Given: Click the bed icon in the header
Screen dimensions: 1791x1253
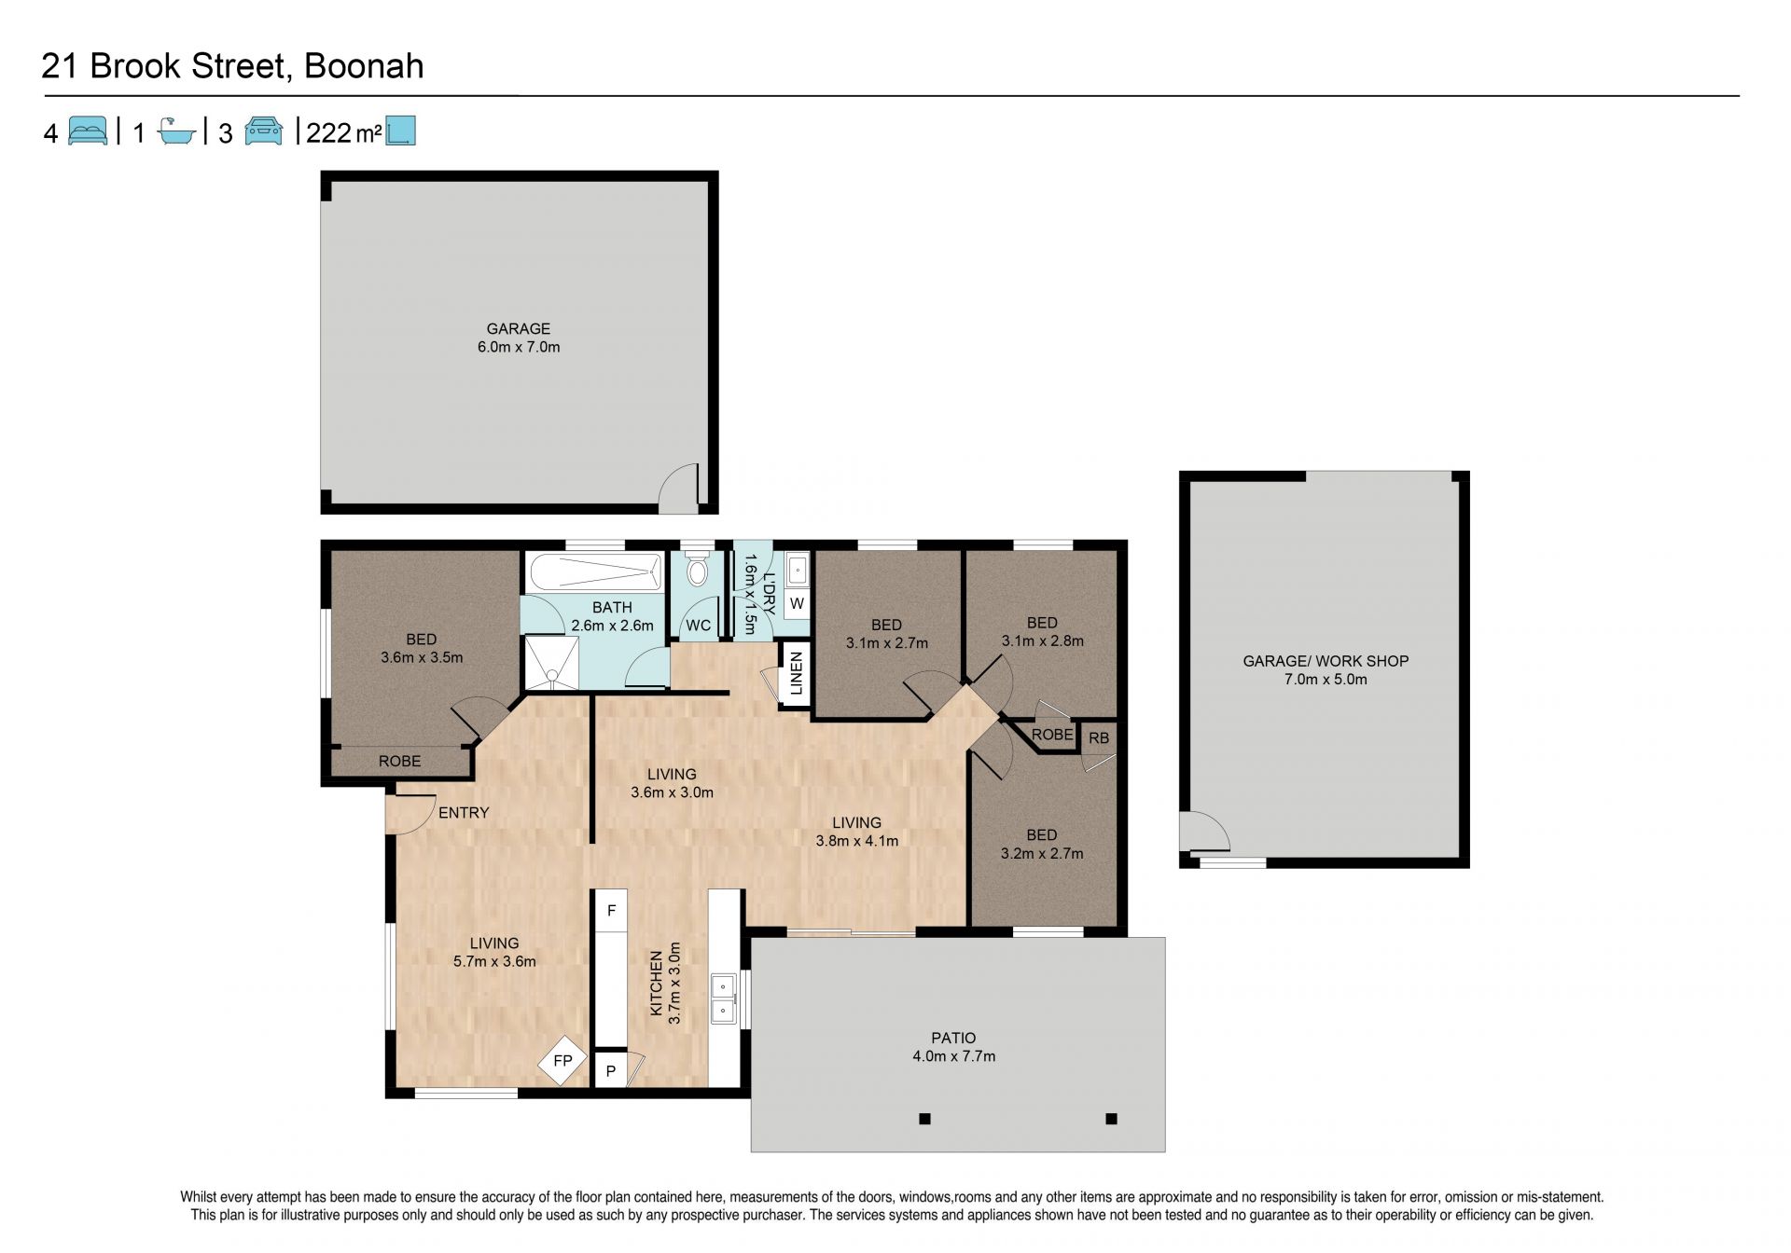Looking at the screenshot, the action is coord(88,131).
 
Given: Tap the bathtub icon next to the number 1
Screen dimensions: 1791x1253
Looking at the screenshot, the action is coord(176,131).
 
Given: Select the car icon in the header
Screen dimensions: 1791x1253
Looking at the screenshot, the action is coord(264,131).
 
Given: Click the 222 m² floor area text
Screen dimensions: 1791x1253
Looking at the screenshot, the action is coord(343,132).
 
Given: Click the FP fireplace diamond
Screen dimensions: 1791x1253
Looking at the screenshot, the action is coord(562,1061).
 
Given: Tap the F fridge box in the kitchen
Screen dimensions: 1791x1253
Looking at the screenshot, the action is coord(611,911).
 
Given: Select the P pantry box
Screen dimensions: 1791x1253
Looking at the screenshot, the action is coord(611,1071).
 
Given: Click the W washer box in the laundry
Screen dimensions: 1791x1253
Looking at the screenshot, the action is coord(797,604).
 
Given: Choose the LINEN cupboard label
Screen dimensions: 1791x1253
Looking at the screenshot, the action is coord(796,673).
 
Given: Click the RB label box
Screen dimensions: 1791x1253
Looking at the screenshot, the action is coord(1099,737).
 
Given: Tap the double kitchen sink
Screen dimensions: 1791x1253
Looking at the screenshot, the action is coord(723,998).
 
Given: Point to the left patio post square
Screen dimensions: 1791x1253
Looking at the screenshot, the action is coord(924,1119).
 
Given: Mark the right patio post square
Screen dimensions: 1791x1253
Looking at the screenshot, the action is coord(1111,1119).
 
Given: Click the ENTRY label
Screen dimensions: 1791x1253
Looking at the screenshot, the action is coord(464,813).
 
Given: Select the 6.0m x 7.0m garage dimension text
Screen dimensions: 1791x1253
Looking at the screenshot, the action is coord(519,347).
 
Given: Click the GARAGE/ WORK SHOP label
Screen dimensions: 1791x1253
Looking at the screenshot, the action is coord(1326,661).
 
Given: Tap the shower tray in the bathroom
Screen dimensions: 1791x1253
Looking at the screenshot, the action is coord(551,663).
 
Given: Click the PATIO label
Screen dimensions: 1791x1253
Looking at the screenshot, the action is coord(953,1038).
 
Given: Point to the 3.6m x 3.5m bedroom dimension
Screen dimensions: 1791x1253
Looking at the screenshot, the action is coord(422,657).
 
